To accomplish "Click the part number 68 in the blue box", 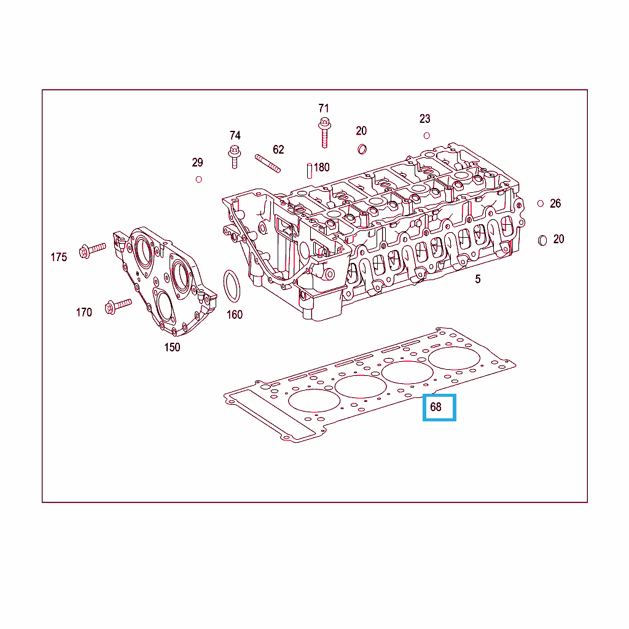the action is click(436, 407).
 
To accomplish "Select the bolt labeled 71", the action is click(324, 133).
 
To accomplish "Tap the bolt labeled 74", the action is click(234, 157).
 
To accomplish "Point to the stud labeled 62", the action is click(268, 163).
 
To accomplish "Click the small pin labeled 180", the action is click(310, 171).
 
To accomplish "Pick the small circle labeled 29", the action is click(198, 179).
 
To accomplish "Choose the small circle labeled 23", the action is click(426, 136).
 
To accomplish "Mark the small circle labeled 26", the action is click(541, 204).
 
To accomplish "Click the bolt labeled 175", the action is click(93, 251).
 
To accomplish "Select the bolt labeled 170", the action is click(118, 306).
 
